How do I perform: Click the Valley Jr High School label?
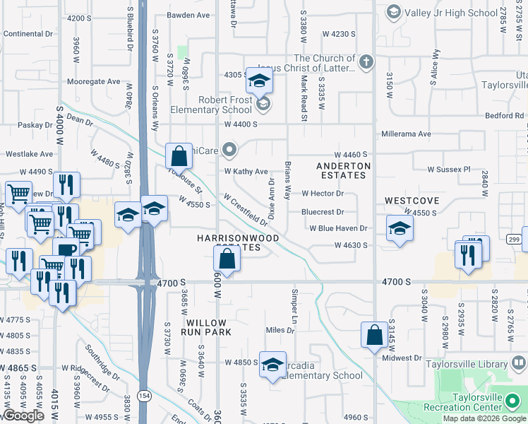[452, 12]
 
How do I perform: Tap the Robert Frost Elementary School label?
[215, 105]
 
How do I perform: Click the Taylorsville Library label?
[467, 364]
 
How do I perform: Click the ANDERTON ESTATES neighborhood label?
[343, 170]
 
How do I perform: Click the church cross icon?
[366, 61]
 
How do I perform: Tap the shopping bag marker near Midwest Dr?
[374, 334]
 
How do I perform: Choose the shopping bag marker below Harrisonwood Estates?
[227, 259]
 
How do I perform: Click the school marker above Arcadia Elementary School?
[273, 365]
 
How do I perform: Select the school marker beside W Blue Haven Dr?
[400, 228]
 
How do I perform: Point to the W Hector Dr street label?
[322, 194]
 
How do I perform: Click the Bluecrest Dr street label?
[322, 212]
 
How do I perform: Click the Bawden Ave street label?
[190, 14]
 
